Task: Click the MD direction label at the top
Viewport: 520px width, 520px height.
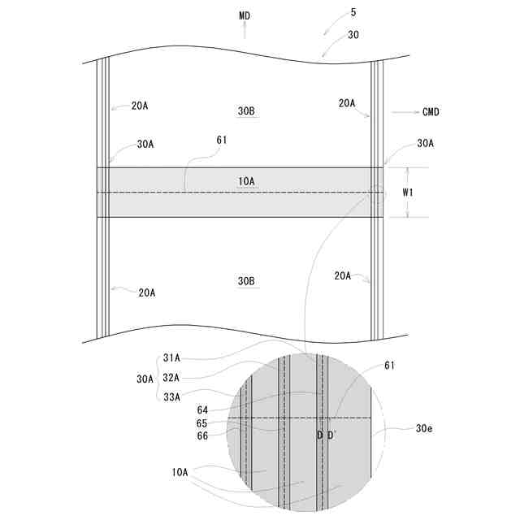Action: coord(245,15)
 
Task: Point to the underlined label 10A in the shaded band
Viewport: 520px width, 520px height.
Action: coord(246,181)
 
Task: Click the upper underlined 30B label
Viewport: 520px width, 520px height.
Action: coord(246,111)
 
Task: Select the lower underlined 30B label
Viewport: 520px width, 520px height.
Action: coord(246,281)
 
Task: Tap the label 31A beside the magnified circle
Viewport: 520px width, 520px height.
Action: coord(171,357)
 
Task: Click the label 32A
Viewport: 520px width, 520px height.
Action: coord(171,377)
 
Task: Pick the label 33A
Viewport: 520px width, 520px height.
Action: coord(171,396)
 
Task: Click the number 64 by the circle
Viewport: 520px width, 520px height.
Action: coord(202,410)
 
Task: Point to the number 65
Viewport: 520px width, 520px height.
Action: coord(202,423)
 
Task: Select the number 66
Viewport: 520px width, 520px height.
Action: coord(202,435)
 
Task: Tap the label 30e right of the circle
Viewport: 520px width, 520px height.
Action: coord(424,428)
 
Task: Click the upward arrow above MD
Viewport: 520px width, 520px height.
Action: coord(245,31)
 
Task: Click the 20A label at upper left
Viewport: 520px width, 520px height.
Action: coord(140,106)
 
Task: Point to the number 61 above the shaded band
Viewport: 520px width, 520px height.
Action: coord(221,141)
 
